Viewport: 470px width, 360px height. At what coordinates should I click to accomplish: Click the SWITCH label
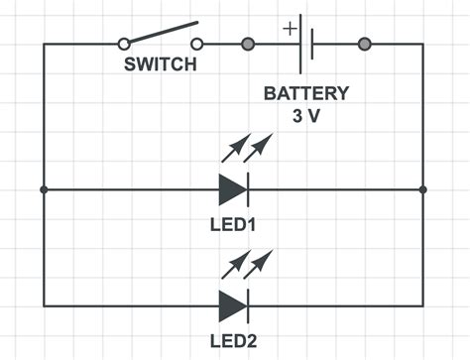point(160,65)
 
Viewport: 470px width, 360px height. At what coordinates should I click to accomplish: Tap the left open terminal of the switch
point(124,44)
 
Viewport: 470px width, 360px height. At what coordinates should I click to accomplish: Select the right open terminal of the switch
point(197,44)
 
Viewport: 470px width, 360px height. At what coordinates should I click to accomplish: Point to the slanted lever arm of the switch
point(161,34)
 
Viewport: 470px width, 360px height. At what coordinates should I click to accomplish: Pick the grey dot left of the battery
point(248,44)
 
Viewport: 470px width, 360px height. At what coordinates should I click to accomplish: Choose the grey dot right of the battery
point(364,44)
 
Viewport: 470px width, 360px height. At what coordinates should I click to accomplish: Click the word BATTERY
point(305,94)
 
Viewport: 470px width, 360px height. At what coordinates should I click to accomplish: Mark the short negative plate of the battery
point(313,44)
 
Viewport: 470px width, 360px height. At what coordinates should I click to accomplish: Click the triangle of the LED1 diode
point(231,188)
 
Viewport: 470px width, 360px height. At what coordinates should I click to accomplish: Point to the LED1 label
point(234,225)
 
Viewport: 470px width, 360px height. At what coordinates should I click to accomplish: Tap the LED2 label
point(234,343)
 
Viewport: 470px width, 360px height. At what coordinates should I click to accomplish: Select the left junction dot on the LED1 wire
point(44,188)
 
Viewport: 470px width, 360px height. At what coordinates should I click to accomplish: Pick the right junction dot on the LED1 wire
point(422,188)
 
